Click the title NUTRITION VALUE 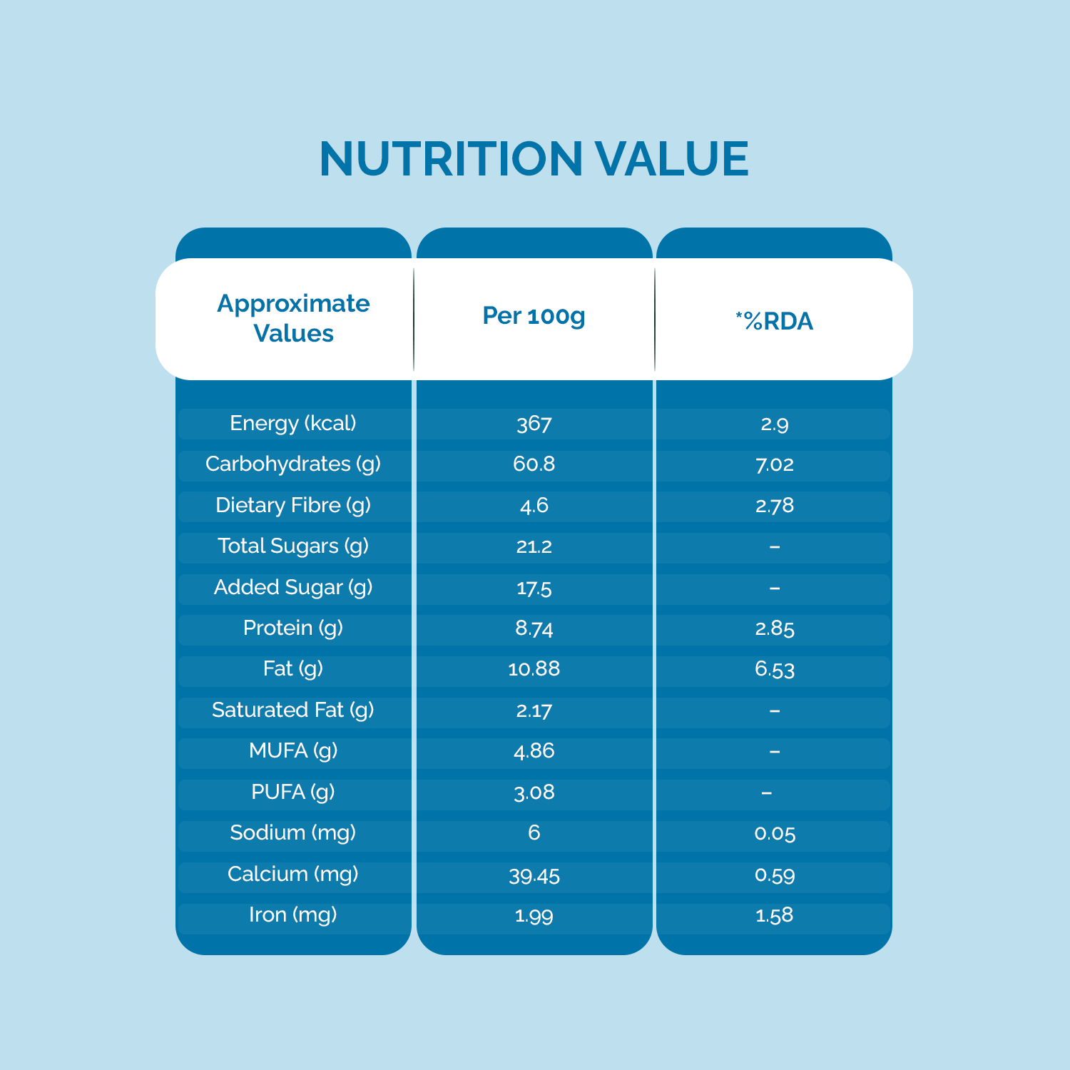coord(534,158)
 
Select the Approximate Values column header coord(293,318)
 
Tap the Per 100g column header coord(534,315)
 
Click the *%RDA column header coord(774,321)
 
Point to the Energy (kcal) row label coord(293,424)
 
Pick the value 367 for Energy coord(534,424)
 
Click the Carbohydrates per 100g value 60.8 coord(534,464)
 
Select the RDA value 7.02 coord(774,465)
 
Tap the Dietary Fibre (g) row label coord(293,506)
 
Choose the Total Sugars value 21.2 coord(534,547)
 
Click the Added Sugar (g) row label coord(293,588)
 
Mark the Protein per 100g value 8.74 coord(534,628)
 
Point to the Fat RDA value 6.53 coord(774,669)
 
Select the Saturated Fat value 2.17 coord(534,710)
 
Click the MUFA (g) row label coord(293,751)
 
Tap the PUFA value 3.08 coord(534,793)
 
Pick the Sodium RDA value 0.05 coord(774,833)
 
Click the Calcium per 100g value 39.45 coord(534,875)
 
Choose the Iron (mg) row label coord(293,915)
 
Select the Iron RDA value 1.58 coord(774,915)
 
